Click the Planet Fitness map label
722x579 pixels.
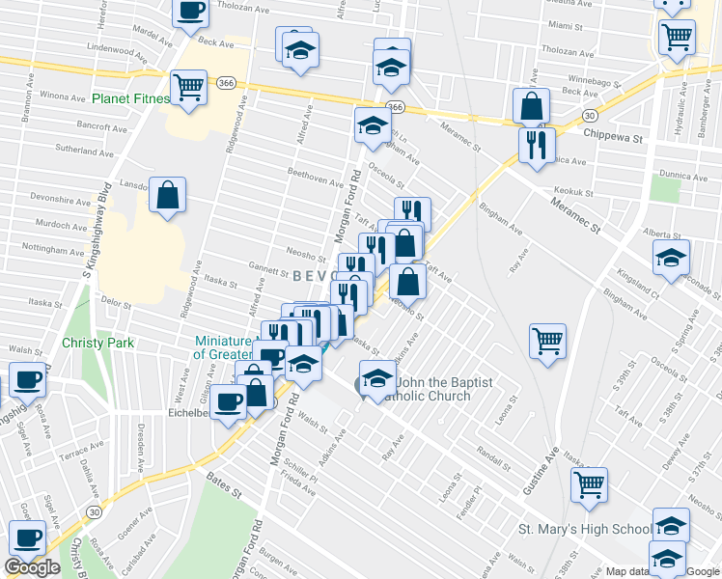(x=130, y=98)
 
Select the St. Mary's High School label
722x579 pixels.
(x=585, y=529)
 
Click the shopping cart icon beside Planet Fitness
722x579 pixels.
(x=189, y=87)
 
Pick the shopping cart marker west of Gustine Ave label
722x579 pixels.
(x=547, y=341)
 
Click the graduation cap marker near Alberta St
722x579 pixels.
(x=671, y=258)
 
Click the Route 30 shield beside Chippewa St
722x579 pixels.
(x=588, y=115)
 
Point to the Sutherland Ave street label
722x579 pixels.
(x=84, y=151)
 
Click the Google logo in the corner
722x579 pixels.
(x=32, y=567)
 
